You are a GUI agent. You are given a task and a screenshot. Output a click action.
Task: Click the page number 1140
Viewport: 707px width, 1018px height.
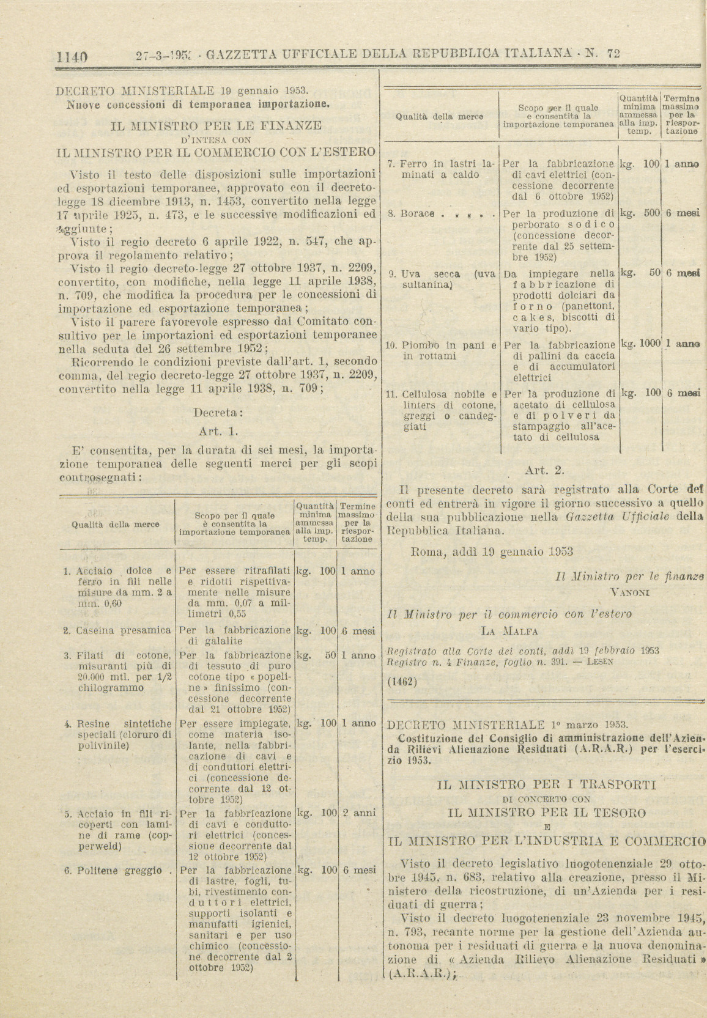(72, 57)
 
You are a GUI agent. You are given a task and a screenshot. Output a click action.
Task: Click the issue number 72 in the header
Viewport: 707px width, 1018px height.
(613, 53)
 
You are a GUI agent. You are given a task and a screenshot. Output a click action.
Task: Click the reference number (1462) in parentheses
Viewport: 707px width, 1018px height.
(402, 681)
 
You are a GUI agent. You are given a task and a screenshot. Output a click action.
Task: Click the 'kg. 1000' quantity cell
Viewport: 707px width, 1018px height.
(640, 344)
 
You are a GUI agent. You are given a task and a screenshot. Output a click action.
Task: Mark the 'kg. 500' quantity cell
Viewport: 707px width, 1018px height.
(640, 213)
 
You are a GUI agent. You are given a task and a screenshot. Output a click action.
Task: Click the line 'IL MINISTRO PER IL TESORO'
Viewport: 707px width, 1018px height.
(547, 813)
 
